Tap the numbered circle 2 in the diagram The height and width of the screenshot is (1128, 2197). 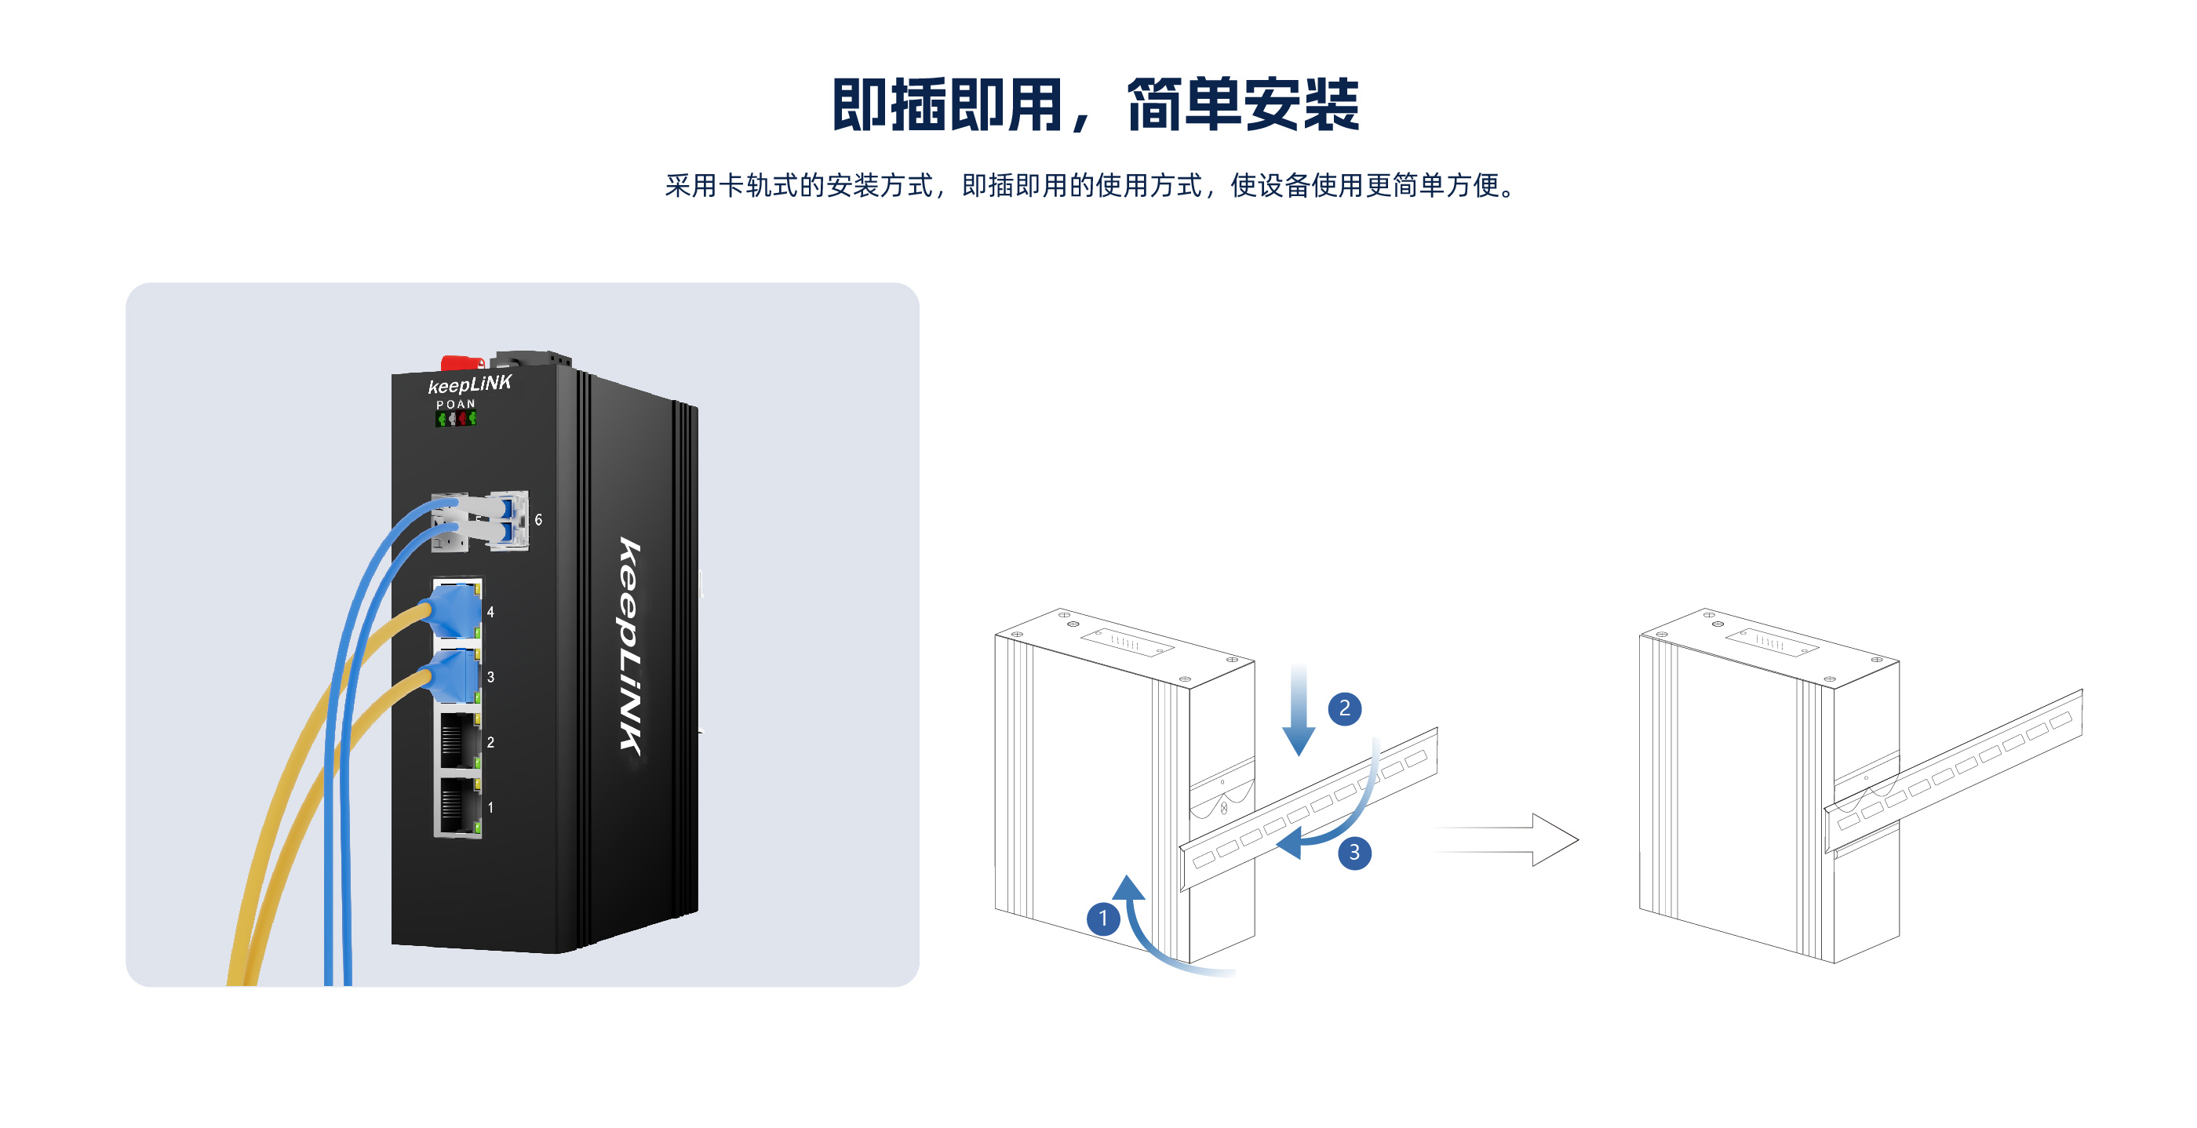[1344, 708]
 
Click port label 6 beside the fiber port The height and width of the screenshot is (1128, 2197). [538, 519]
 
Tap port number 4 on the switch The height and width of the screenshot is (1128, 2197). [490, 612]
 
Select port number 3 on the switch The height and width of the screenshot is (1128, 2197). [490, 677]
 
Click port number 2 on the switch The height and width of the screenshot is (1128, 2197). [490, 743]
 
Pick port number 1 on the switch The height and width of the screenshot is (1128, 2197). [490, 807]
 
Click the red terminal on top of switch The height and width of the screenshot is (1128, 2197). [461, 363]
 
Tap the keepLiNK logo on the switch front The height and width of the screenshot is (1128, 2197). [469, 384]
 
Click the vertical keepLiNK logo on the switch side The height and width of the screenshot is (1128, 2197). [630, 646]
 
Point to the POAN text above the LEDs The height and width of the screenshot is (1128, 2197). [455, 404]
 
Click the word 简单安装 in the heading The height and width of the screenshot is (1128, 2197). [1243, 105]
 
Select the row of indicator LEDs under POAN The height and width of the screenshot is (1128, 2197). [455, 419]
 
